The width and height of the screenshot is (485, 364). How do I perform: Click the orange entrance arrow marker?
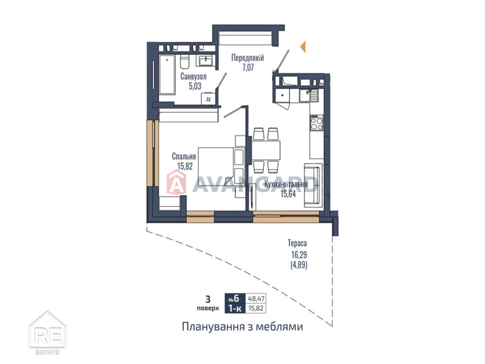pos(303,47)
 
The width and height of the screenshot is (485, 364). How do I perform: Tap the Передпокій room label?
pos(247,58)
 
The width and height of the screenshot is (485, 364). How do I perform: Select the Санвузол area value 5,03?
pos(195,86)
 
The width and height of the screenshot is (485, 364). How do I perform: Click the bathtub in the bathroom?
pos(167,75)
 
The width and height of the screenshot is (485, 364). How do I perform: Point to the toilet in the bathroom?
pos(184,61)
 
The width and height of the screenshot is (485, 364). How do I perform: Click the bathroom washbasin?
pos(206,60)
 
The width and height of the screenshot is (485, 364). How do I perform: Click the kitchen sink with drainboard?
pos(309,96)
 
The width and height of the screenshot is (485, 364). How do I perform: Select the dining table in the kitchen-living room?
pos(266,150)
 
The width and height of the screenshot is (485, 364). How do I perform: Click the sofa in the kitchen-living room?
pos(313,185)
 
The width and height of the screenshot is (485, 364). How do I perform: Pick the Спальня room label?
pos(184,156)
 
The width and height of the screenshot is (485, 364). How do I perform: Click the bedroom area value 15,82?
pos(185,166)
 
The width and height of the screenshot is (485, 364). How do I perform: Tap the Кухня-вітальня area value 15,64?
pos(288,194)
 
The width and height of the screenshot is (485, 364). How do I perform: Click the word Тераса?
pos(297,243)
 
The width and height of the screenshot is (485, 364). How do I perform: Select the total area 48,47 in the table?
pos(256,298)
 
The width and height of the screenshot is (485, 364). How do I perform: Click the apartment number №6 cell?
pos(235,298)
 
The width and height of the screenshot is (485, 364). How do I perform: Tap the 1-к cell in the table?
pos(235,308)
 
